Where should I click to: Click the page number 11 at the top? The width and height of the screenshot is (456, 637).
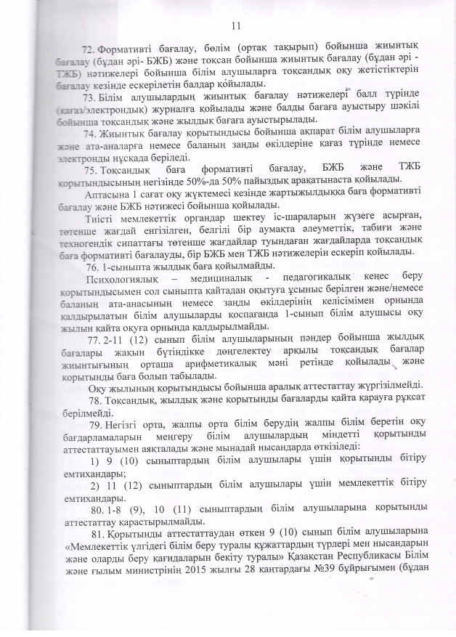235,26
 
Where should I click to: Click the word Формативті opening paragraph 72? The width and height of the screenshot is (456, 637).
134,47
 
